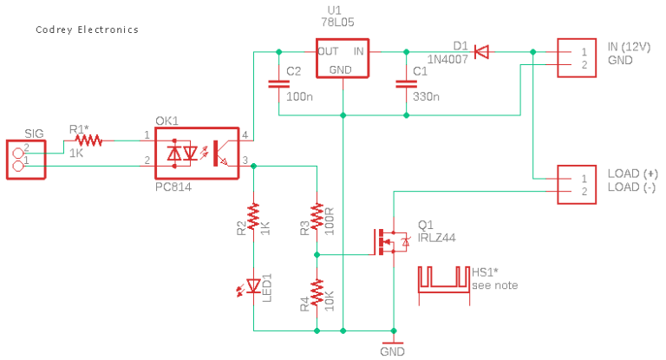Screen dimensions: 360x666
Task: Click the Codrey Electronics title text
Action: pyautogui.click(x=87, y=29)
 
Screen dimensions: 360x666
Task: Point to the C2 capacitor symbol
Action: pyautogui.click(x=278, y=84)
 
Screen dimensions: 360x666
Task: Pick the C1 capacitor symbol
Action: pyautogui.click(x=405, y=84)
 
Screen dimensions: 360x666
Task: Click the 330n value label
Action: pyautogui.click(x=427, y=97)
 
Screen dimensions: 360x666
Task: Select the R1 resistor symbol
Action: pyautogui.click(x=88, y=139)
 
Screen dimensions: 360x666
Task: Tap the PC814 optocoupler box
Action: pyautogui.click(x=196, y=153)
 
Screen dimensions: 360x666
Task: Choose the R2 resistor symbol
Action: pyautogui.click(x=253, y=218)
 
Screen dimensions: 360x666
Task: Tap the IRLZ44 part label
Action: pyautogui.click(x=438, y=237)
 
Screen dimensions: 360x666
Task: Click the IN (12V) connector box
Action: pyautogui.click(x=576, y=58)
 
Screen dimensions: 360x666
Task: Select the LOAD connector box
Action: pyautogui.click(x=576, y=184)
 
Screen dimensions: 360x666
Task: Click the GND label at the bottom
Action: pyautogui.click(x=392, y=351)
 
